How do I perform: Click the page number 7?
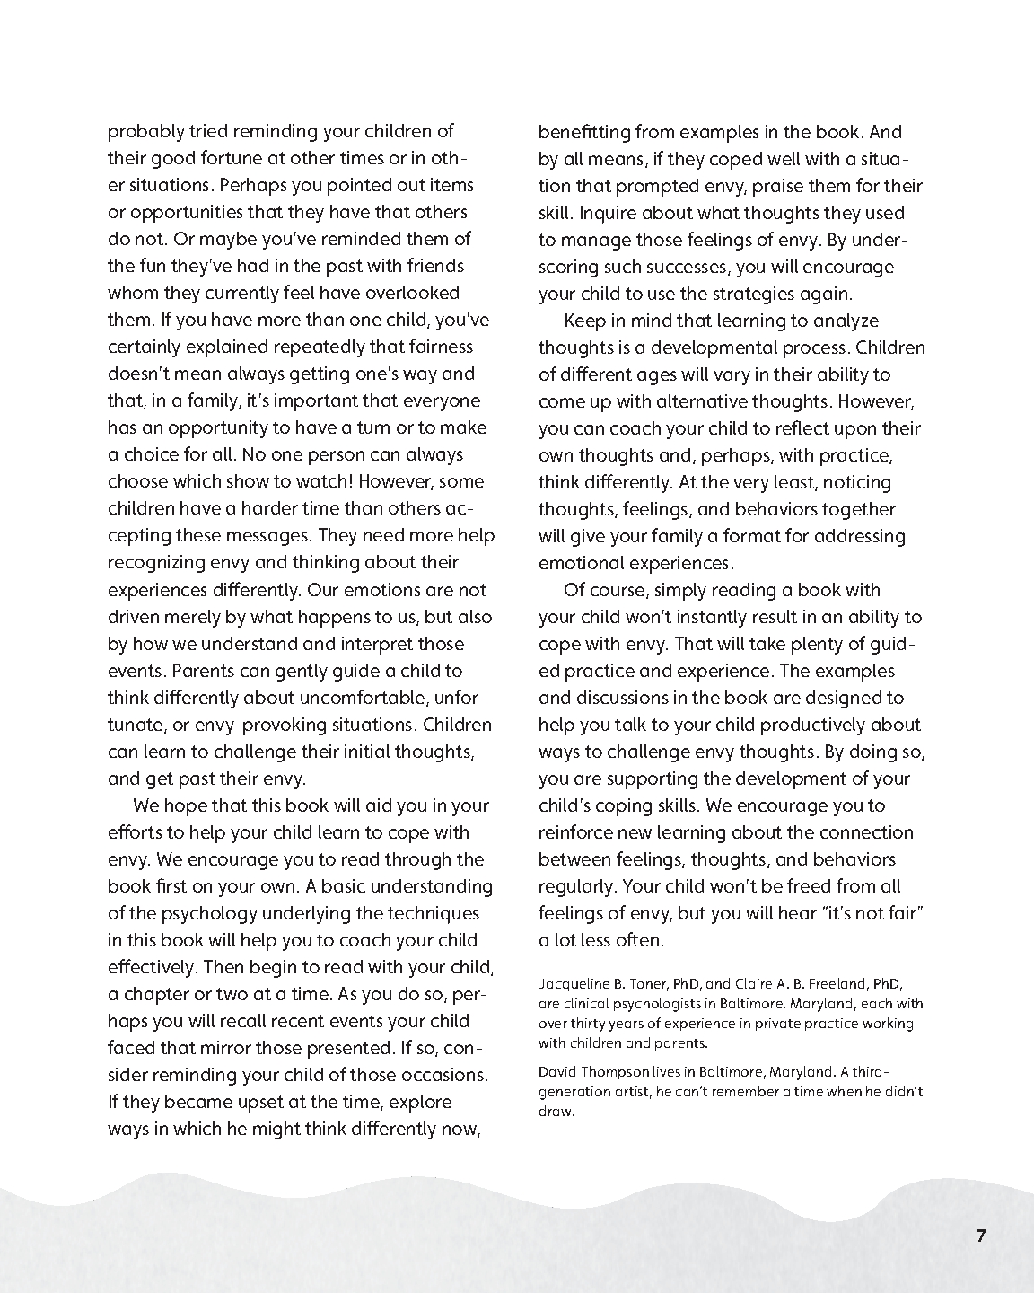pyautogui.click(x=981, y=1236)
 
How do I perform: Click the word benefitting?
pyautogui.click(x=584, y=132)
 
